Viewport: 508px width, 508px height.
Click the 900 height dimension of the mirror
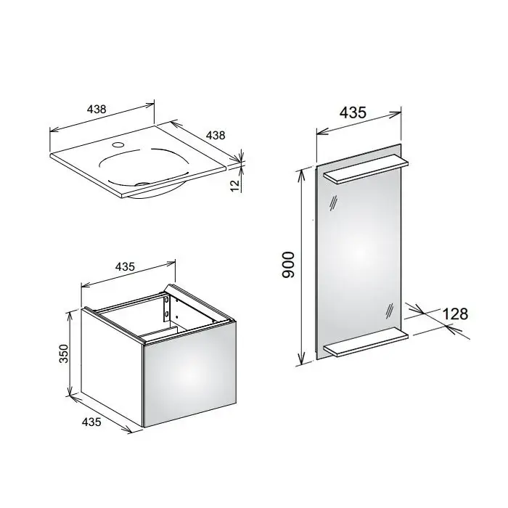[x=288, y=265]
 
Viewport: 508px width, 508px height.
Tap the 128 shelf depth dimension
[x=455, y=314]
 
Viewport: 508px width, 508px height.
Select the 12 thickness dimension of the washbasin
[x=236, y=184]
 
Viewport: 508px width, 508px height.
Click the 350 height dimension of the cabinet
[x=64, y=353]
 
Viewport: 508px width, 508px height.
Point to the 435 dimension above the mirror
[x=353, y=112]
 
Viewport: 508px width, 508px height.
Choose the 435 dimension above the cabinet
[x=125, y=266]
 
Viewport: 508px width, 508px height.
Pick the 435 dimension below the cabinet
[x=91, y=422]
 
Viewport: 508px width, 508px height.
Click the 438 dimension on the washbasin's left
[x=97, y=109]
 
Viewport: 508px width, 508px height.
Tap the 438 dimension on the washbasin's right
[x=216, y=135]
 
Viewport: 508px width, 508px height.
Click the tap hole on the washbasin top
[x=118, y=144]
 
